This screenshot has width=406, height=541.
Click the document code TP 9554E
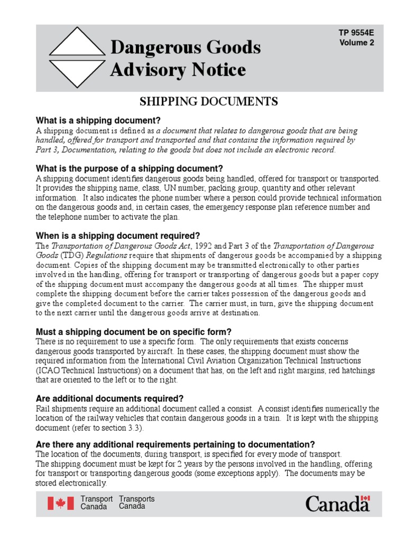point(356,33)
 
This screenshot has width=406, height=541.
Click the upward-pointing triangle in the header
point(77,41)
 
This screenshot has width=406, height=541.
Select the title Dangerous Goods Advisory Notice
point(185,58)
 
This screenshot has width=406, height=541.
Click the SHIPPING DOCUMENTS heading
point(208,101)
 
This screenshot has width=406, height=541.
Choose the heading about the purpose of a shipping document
point(130,169)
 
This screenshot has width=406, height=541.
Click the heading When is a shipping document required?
point(118,236)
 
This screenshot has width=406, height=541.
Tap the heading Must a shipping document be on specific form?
point(133,332)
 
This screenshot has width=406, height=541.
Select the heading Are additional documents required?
point(109,398)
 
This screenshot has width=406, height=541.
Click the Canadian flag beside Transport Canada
point(61,503)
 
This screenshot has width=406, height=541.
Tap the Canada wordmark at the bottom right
point(337,503)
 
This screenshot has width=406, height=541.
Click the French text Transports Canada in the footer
point(137,502)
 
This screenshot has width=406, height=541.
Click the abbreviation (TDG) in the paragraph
point(68,256)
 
